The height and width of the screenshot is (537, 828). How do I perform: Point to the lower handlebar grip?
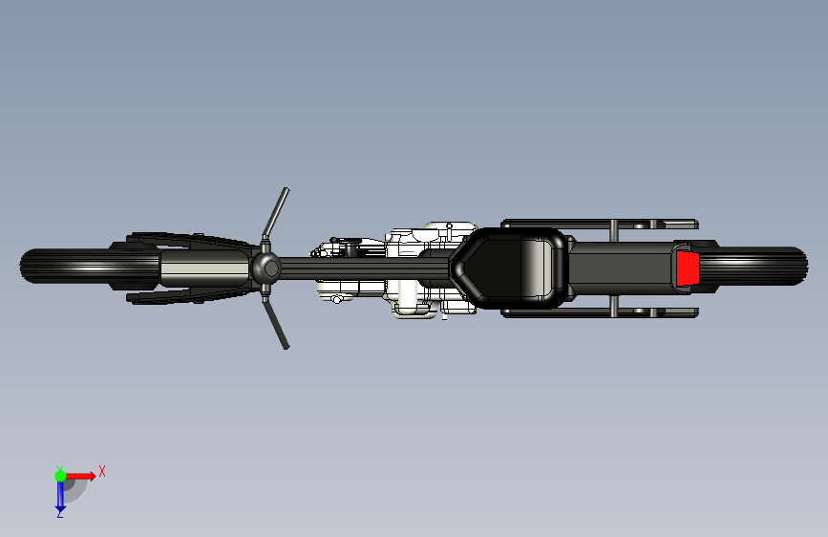(278, 330)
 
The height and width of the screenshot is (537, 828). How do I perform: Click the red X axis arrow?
(81, 475)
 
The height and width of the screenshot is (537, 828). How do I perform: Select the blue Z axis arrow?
(60, 494)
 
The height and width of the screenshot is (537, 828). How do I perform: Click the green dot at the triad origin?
(60, 475)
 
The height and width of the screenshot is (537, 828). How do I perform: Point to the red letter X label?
(102, 471)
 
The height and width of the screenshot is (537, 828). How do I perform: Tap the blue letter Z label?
(59, 514)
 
